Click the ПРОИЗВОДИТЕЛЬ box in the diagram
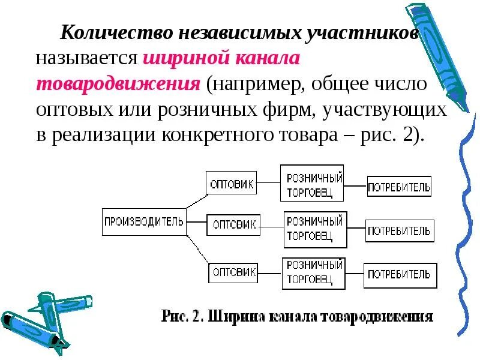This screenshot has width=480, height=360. click(144, 222)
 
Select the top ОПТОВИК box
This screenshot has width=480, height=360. click(232, 183)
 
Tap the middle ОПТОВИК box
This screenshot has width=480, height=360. click(234, 225)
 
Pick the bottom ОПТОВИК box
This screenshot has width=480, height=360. click(233, 272)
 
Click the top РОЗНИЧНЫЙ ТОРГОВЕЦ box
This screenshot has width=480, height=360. click(312, 183)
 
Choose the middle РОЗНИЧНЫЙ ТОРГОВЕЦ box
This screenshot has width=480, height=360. click(316, 229)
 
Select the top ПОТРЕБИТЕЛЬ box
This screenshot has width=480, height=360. click(399, 187)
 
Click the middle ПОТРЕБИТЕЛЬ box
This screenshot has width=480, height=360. click(400, 230)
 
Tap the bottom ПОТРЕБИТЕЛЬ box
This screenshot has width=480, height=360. click(400, 275)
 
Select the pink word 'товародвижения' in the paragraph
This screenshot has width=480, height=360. click(118, 85)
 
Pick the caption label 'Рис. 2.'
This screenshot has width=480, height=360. click(182, 316)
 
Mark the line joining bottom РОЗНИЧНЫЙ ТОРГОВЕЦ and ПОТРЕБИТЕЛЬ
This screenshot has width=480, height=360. click(353, 274)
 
